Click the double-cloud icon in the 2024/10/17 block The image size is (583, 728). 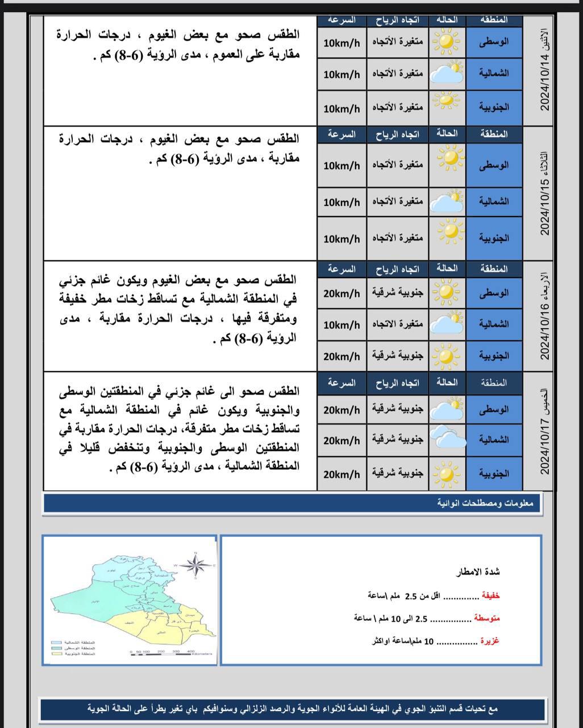tap(448, 439)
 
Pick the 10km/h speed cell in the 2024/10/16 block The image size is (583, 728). tap(342, 325)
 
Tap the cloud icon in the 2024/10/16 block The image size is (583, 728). tap(448, 324)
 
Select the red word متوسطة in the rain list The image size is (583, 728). tap(487, 618)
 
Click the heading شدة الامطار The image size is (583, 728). tap(478, 572)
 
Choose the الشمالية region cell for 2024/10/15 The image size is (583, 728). tap(494, 201)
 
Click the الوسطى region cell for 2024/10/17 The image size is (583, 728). tap(494, 409)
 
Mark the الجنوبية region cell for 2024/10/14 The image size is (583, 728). tap(494, 107)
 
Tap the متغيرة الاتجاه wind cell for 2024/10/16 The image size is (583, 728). tap(398, 324)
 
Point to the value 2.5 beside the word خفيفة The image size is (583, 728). tap(410, 596)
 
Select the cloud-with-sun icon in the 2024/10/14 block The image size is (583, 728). tap(448, 74)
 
